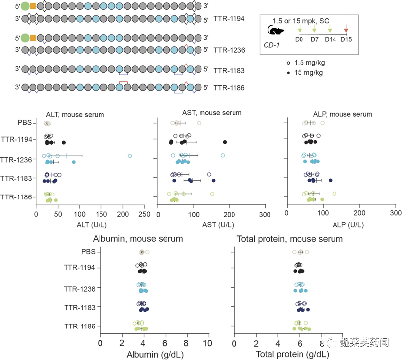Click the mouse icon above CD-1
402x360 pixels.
[275, 30]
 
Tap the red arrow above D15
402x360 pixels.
[346, 28]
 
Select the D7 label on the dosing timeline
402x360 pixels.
[315, 40]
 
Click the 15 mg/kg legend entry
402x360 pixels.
[304, 73]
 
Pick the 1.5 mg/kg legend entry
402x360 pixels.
[306, 63]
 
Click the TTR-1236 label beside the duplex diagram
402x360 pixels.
[229, 50]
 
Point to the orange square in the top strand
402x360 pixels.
[33, 6]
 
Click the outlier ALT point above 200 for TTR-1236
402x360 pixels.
[130, 156]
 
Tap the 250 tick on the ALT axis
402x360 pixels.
[144, 214]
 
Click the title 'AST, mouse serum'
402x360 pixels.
[212, 113]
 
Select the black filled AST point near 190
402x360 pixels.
[225, 142]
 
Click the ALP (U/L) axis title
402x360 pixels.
[348, 225]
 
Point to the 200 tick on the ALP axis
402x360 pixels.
[360, 213]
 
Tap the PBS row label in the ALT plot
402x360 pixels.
[24, 123]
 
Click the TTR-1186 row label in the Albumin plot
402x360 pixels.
[80, 326]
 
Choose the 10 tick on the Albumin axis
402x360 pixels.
[207, 343]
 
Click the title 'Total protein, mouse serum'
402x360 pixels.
[290, 239]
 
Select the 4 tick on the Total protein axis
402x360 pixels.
[278, 343]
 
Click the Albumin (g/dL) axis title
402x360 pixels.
[155, 355]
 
